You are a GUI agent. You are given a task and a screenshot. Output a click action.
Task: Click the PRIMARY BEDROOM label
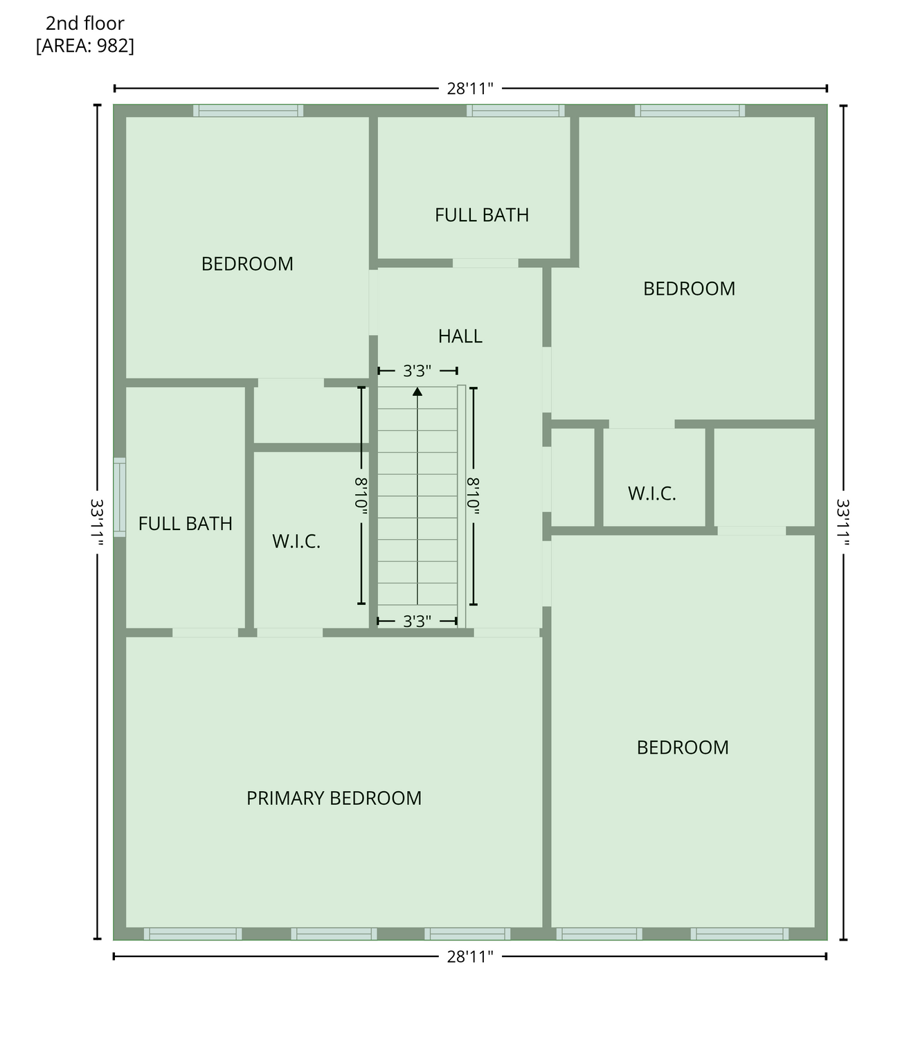[x=334, y=798]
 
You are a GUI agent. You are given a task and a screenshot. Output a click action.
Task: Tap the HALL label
[x=460, y=336]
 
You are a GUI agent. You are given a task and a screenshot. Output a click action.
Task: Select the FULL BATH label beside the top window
[x=482, y=215]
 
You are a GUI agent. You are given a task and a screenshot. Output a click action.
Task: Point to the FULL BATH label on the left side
[x=186, y=523]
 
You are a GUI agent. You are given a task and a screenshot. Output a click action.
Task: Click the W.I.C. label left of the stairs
[x=296, y=541]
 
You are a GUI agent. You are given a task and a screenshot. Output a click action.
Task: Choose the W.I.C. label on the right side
[x=651, y=493]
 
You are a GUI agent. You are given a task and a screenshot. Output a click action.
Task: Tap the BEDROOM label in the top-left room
[x=247, y=264]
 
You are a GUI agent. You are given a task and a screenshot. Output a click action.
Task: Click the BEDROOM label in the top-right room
[x=689, y=289]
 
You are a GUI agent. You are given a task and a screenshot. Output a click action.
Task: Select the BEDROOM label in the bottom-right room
[x=683, y=747]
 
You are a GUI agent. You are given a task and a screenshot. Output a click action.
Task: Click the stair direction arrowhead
[x=417, y=392]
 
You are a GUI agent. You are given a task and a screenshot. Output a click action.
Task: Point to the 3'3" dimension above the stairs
[x=417, y=371]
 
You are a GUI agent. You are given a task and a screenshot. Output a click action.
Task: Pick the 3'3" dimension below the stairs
[x=417, y=621]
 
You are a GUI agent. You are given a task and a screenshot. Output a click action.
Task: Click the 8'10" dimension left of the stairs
[x=361, y=496]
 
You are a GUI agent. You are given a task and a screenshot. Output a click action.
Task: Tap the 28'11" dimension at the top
[x=469, y=89]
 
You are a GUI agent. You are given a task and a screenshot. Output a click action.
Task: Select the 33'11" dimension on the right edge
[x=843, y=523]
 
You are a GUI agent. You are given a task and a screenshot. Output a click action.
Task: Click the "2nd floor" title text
[x=85, y=24]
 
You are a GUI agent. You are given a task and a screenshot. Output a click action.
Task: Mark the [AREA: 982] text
[x=85, y=46]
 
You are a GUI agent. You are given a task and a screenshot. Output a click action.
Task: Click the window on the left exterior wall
[x=119, y=497]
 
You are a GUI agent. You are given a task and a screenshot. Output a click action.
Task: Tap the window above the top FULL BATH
[x=516, y=111]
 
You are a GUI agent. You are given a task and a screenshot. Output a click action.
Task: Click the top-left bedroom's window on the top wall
[x=248, y=111]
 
